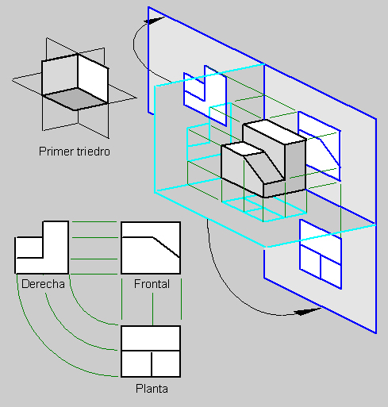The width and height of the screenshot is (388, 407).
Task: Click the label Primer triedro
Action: [x=75, y=152]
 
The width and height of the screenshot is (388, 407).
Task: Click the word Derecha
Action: [x=43, y=284]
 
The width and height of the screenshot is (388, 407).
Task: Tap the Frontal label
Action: [x=152, y=284]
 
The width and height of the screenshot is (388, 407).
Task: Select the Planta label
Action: [x=152, y=389]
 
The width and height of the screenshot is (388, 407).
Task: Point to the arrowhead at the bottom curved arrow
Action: [x=307, y=312]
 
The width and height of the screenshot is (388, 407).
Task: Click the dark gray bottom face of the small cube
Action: [x=75, y=98]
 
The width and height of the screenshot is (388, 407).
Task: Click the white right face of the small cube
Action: [x=93, y=79]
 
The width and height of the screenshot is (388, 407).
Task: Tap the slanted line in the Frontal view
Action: [x=167, y=248]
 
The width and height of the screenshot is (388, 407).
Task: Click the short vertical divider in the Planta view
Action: [x=152, y=364]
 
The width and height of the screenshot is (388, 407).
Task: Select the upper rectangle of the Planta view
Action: [x=151, y=339]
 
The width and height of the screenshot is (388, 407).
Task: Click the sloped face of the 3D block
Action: [x=264, y=168]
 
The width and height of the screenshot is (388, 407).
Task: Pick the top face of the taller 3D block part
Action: [x=275, y=132]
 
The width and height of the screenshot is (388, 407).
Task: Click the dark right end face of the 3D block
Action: [x=295, y=165]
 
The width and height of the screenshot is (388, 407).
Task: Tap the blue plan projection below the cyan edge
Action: [x=321, y=255]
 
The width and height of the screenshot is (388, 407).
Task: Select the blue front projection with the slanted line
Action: [x=320, y=146]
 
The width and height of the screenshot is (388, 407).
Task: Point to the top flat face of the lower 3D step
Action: [x=243, y=148]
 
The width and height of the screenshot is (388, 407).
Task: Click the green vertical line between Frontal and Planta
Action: [x=152, y=309]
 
